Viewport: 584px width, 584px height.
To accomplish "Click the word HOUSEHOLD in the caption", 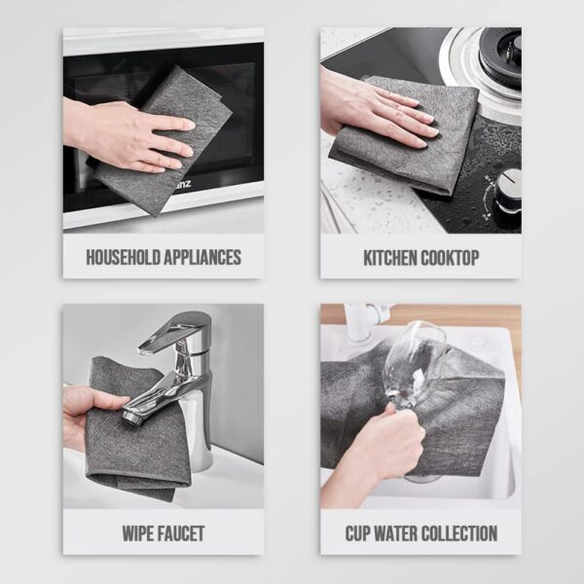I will pos(123,258).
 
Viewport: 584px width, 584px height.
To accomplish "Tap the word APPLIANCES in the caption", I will pos(201,258).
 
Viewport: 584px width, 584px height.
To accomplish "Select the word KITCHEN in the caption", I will pos(392,258).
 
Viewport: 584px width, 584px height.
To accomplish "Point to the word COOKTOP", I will pos(452,258).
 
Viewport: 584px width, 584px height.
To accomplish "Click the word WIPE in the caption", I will pos(138,533).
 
